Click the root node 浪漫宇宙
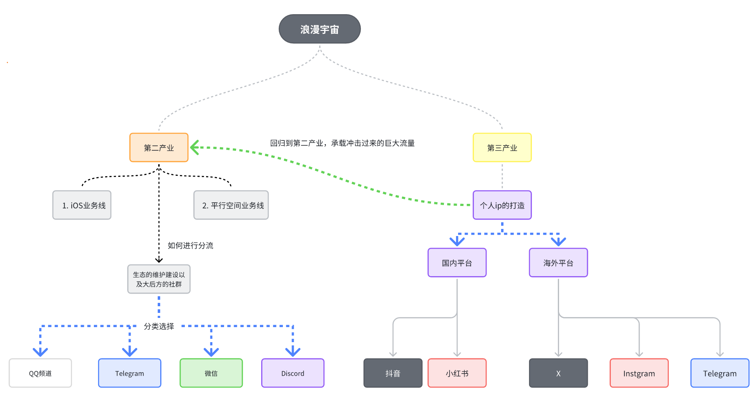point(320,29)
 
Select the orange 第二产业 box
point(159,147)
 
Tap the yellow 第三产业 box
point(502,147)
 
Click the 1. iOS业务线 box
point(82,205)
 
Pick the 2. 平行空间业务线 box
point(231,205)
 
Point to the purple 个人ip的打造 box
point(502,205)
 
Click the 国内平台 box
point(457,263)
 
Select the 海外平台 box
point(558,263)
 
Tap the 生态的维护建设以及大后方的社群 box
point(159,279)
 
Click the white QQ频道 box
point(40,373)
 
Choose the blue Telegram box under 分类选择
point(130,373)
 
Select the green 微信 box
point(211,373)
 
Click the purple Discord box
point(293,373)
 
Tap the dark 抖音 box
point(393,373)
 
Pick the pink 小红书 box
point(457,373)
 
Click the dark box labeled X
point(558,373)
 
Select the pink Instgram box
point(639,373)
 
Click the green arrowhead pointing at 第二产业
point(194,147)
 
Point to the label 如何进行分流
point(190,246)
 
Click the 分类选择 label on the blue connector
point(159,326)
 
